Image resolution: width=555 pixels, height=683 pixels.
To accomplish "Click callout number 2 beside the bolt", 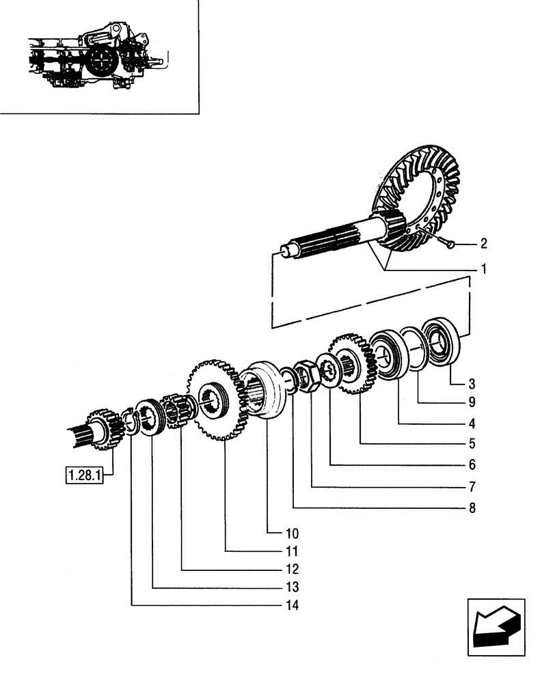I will click(483, 242).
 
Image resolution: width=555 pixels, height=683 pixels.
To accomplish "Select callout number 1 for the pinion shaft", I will click(483, 270).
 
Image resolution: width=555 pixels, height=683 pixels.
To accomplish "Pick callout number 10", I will click(273, 532).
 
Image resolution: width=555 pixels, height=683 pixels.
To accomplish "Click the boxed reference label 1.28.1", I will click(83, 474).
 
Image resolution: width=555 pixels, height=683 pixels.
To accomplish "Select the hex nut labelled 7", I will click(305, 376).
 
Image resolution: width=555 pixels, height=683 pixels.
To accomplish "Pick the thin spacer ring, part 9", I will click(415, 348).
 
